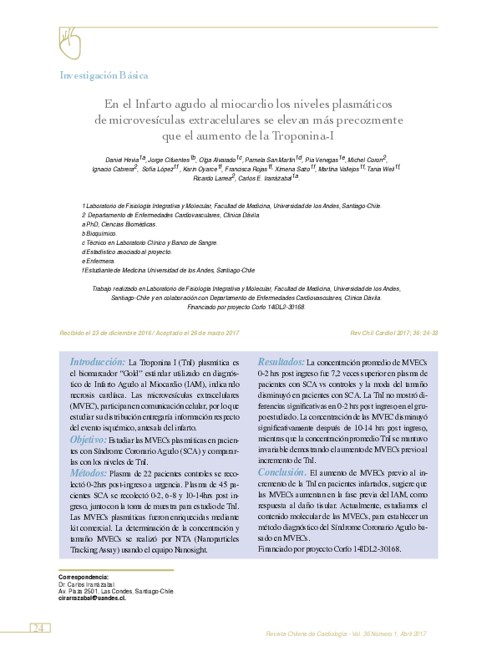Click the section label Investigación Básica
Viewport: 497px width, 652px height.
point(104,75)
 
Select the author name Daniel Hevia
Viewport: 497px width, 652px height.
point(123,159)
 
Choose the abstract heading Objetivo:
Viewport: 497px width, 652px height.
point(88,439)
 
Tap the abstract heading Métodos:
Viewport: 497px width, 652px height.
point(88,473)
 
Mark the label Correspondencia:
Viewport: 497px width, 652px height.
point(84,578)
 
